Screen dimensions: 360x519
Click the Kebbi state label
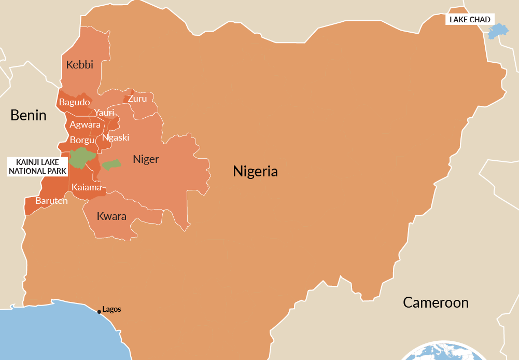[80, 65]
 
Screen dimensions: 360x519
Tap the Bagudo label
[74, 102]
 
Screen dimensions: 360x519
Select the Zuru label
[137, 99]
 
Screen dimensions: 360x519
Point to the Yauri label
[104, 113]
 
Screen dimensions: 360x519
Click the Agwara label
[85, 124]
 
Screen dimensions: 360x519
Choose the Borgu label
[82, 140]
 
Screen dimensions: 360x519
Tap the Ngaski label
[116, 137]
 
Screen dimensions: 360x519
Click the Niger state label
[146, 159]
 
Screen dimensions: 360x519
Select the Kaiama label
[87, 187]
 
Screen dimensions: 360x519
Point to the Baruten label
[51, 201]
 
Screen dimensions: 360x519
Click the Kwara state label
[111, 216]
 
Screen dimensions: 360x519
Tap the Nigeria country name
[255, 171]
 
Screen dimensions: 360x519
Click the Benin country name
[29, 115]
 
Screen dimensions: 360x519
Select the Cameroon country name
[436, 302]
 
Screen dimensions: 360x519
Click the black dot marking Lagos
[99, 312]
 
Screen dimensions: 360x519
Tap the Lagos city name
[111, 309]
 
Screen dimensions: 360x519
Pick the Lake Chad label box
[469, 20]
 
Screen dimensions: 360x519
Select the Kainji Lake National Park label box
[37, 167]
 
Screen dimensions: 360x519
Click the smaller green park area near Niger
[111, 164]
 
